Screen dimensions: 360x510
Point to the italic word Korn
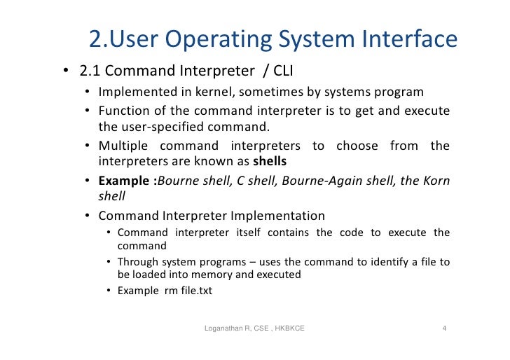click(435, 180)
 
